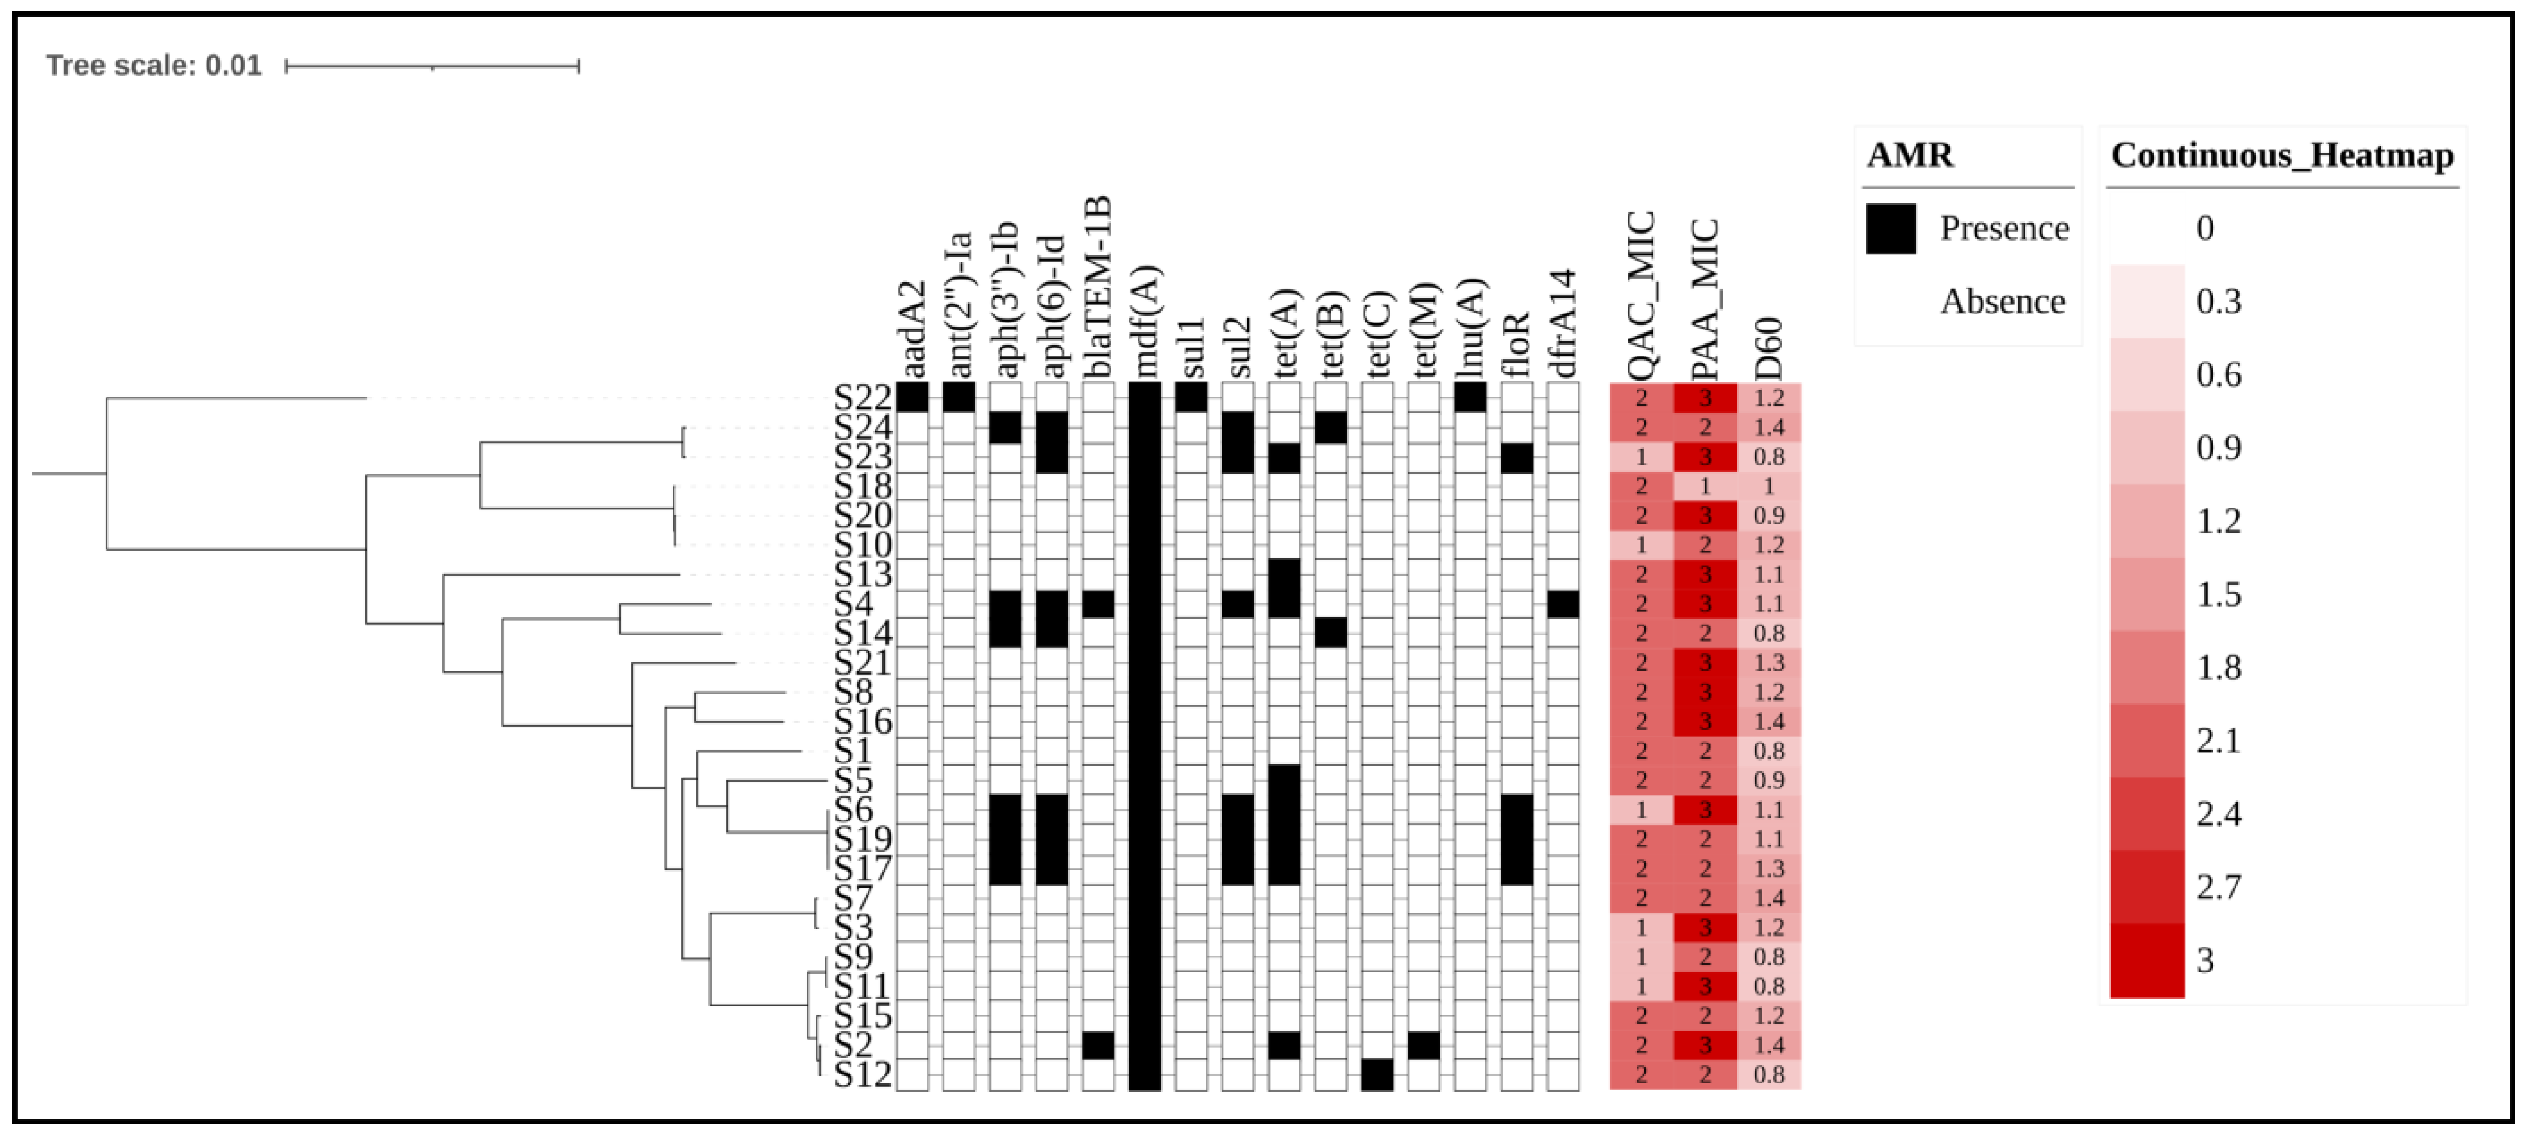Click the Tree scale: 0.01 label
click(154, 66)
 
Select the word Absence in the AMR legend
click(2002, 302)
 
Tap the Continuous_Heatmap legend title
click(2281, 155)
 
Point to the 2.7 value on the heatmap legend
click(2219, 886)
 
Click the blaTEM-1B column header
click(1098, 287)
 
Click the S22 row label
click(862, 398)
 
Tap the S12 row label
click(862, 1075)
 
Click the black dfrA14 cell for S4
click(1563, 603)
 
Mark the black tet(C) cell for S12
click(1377, 1075)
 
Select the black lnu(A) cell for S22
click(1470, 398)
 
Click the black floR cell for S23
click(1517, 457)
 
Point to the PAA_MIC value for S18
click(1705, 486)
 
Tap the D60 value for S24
click(1768, 428)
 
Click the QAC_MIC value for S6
click(1641, 810)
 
